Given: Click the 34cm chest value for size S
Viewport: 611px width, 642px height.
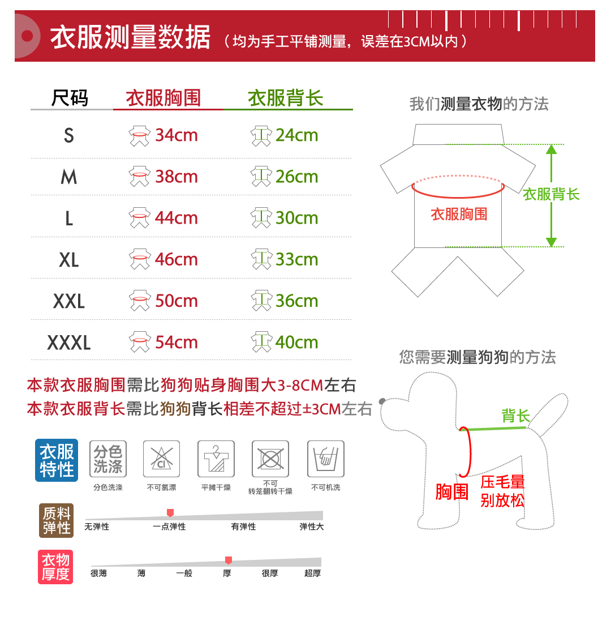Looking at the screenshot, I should (176, 135).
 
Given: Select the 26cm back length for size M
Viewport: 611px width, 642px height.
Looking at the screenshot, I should (296, 177).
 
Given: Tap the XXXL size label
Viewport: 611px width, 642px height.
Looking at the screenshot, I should (69, 343).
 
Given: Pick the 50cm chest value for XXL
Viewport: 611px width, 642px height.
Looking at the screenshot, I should (176, 301).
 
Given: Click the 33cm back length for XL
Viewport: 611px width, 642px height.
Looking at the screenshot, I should (296, 259).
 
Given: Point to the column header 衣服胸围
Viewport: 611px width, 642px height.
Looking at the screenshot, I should (163, 98).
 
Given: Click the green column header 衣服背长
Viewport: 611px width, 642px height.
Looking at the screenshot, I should (285, 98).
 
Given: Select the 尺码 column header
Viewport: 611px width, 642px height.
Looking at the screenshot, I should (70, 98).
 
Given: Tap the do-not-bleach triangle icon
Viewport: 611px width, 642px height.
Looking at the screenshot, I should (161, 459).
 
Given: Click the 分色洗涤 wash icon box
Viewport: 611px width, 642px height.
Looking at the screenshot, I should (108, 459).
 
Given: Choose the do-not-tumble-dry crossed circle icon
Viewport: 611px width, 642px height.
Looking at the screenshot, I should (270, 459).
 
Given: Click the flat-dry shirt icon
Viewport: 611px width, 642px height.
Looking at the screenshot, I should (216, 459).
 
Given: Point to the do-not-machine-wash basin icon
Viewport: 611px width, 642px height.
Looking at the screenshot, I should (325, 459).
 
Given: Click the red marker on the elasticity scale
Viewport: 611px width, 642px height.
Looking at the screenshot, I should (170, 513).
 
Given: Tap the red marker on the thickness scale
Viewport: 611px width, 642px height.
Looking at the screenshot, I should (229, 560).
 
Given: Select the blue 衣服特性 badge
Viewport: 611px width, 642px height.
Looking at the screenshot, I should (57, 460).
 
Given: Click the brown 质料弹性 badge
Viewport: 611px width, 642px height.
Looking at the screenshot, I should (57, 520).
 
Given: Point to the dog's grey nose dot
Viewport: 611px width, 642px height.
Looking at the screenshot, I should (382, 401).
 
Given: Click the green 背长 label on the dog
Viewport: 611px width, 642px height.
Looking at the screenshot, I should (515, 416).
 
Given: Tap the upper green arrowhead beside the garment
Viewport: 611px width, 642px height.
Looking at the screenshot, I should (552, 149).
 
